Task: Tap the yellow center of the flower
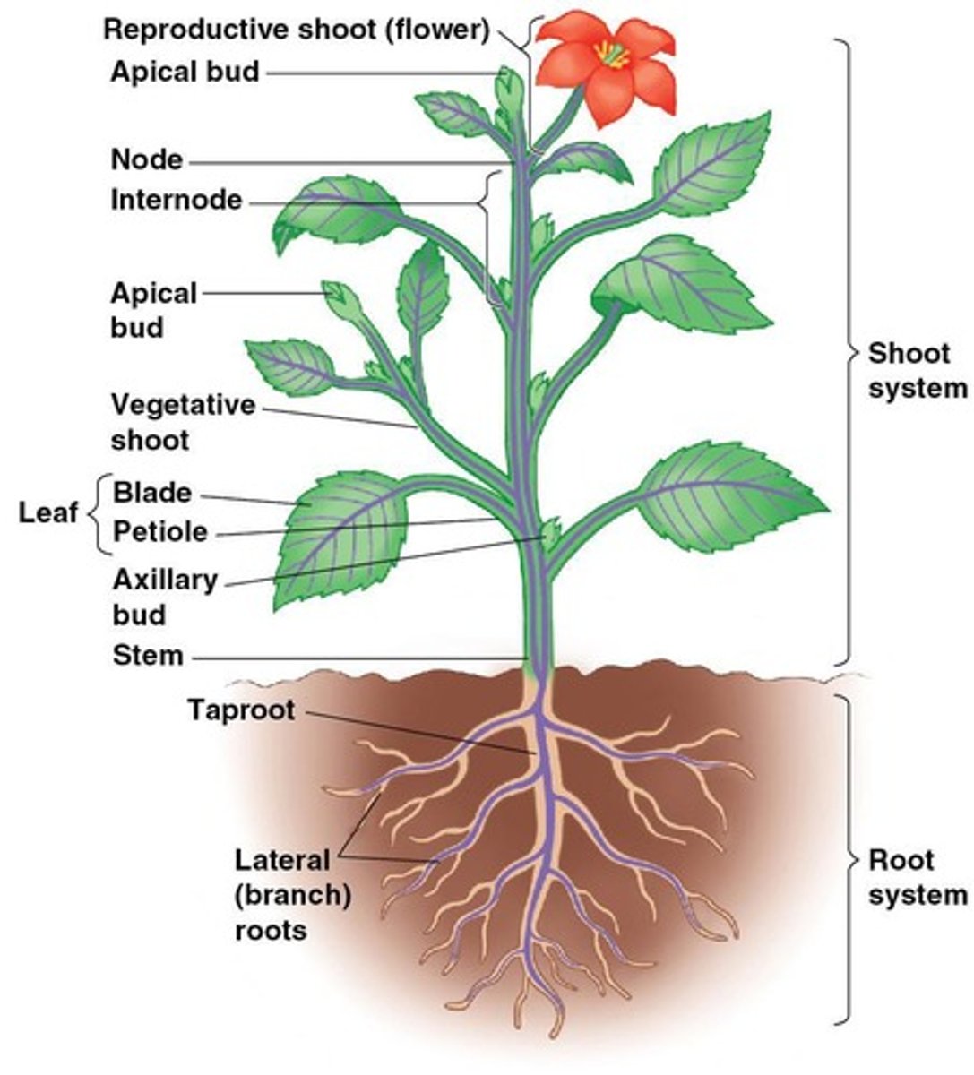click(613, 56)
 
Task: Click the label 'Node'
click(146, 160)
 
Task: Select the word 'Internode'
click(177, 200)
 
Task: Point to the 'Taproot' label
click(241, 710)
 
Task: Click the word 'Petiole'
click(160, 532)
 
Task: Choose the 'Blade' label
click(152, 493)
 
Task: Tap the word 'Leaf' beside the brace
click(48, 512)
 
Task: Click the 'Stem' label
click(148, 656)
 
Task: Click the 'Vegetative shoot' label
click(183, 422)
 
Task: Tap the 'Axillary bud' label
click(165, 597)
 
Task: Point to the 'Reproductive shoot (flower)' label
click(296, 30)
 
